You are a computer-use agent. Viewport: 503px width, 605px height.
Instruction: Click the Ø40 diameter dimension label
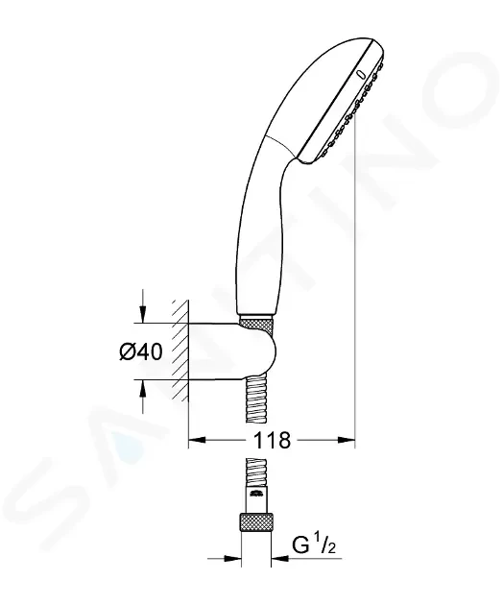(x=141, y=351)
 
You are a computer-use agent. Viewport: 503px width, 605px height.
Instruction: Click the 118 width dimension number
(x=272, y=440)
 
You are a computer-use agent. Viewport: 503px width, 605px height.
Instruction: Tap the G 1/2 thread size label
(x=314, y=544)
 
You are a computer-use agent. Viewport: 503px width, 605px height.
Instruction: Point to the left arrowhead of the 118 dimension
(x=197, y=440)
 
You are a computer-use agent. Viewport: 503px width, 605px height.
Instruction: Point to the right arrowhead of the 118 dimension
(x=346, y=440)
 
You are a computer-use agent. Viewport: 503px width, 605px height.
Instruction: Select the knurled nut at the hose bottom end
(x=256, y=522)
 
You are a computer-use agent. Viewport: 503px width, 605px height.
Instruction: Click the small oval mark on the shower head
(x=361, y=74)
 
